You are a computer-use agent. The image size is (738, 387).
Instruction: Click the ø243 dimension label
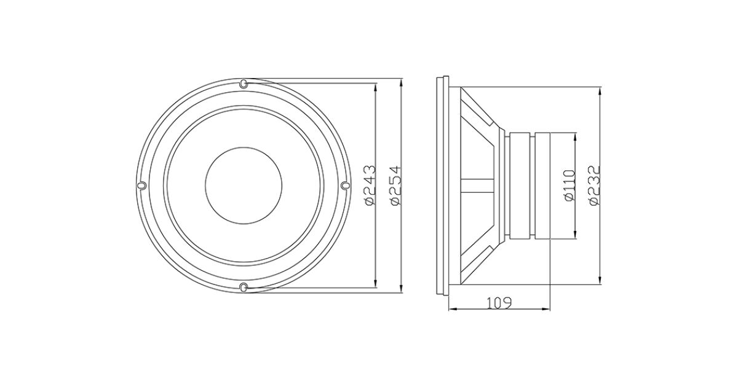click(x=370, y=186)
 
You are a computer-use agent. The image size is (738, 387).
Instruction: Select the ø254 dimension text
click(x=395, y=186)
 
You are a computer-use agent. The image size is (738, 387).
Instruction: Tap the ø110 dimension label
click(x=569, y=185)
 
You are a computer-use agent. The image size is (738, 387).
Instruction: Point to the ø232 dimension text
click(x=595, y=186)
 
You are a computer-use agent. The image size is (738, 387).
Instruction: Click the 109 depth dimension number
click(x=499, y=303)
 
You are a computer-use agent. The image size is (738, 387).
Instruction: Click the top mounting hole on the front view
click(x=243, y=84)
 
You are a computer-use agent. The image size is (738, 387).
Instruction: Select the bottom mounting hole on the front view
click(x=243, y=287)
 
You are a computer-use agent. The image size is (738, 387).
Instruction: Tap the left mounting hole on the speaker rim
click(x=141, y=186)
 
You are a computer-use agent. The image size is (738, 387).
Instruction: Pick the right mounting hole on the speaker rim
click(x=344, y=186)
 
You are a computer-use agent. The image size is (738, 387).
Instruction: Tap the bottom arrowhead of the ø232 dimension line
click(x=600, y=279)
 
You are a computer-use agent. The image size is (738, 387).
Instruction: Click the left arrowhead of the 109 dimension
click(x=454, y=309)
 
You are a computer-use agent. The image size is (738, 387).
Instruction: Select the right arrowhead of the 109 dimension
click(x=545, y=309)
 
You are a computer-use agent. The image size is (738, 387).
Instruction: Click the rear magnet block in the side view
click(x=542, y=186)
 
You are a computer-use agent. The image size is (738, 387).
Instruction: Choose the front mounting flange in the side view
click(x=442, y=186)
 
